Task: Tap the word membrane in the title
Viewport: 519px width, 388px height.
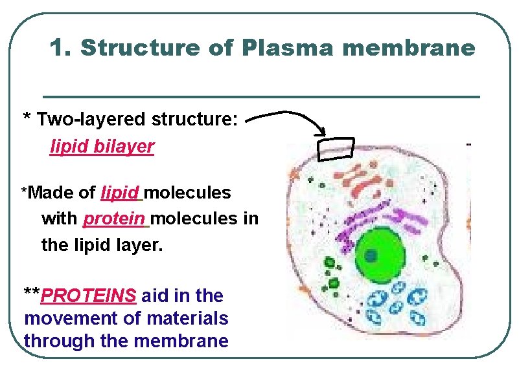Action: pos(415,48)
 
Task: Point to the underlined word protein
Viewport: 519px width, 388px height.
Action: pos(116,219)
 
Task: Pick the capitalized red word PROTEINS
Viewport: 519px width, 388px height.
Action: pos(89,296)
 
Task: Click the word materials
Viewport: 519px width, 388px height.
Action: pos(187,319)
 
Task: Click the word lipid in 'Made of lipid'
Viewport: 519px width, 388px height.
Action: pos(121,193)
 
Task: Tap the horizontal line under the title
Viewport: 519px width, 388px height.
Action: pos(261,96)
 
